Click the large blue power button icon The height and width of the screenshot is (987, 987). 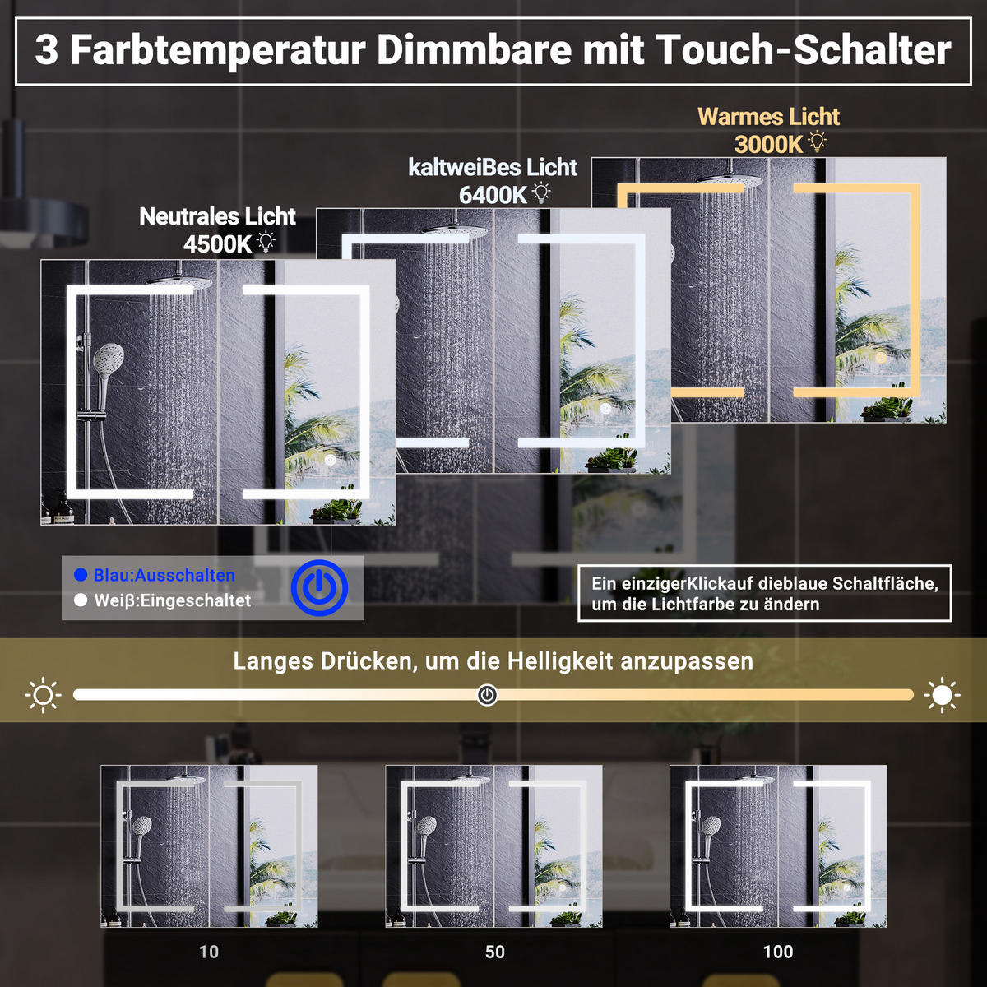[x=319, y=588]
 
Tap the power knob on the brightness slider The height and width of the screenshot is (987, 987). [x=487, y=695]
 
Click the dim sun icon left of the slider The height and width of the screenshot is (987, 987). [x=43, y=695]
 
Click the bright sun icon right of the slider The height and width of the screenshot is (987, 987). [x=942, y=695]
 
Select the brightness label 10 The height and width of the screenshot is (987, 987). [x=209, y=952]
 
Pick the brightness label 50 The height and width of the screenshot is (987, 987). [x=494, y=952]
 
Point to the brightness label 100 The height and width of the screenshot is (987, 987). [x=778, y=952]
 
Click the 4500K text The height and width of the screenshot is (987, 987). [x=217, y=244]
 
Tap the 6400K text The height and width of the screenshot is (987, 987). [x=493, y=195]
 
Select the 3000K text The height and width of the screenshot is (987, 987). [x=768, y=145]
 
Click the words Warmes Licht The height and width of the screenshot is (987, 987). [x=769, y=117]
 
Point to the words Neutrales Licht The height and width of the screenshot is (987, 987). [x=217, y=216]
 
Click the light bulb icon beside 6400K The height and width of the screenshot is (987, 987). [x=541, y=193]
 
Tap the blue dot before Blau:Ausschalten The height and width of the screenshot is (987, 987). [x=81, y=575]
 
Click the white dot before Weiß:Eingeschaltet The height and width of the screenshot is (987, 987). [x=81, y=600]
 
